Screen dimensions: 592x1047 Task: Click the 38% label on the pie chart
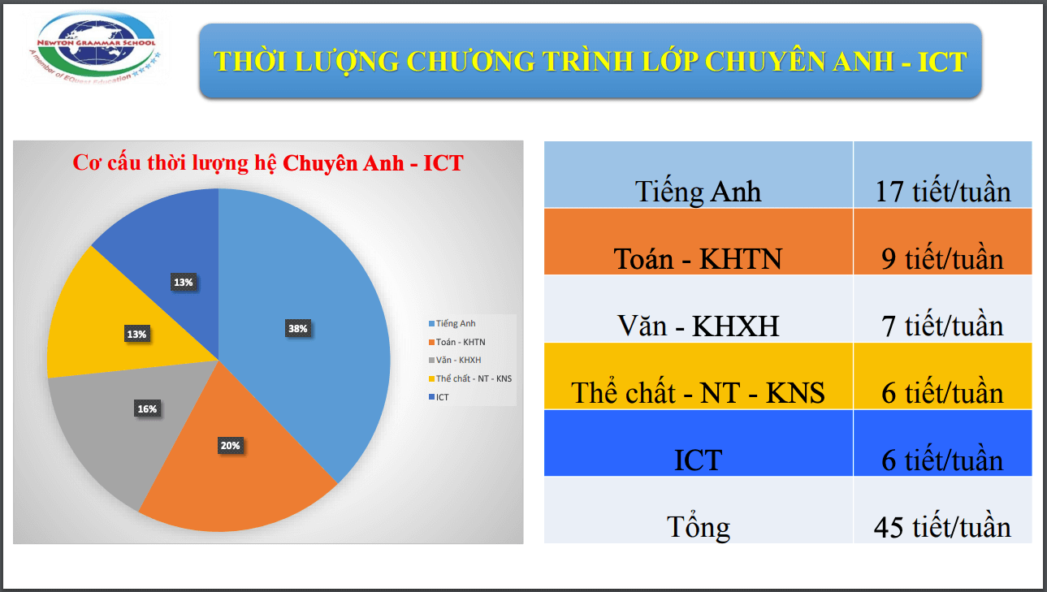point(297,329)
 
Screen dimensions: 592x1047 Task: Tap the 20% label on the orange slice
point(230,445)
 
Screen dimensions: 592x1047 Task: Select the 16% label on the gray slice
point(147,409)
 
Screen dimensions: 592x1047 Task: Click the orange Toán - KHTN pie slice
point(244,479)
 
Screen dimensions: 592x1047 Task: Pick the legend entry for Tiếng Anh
point(456,323)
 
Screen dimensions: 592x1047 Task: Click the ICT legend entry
point(442,397)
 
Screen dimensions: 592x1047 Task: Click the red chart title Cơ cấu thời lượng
point(268,162)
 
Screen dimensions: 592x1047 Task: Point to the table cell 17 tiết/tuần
point(942,192)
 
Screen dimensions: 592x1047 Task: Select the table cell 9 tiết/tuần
point(942,258)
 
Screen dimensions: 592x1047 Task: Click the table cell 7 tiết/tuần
point(942,326)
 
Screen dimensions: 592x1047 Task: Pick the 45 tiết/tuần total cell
point(942,527)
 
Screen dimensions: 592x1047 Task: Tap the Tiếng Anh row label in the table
point(699,192)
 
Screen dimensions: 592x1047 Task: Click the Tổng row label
point(699,527)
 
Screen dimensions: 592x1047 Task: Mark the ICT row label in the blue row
point(699,460)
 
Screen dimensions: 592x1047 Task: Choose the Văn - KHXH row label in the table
point(699,326)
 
